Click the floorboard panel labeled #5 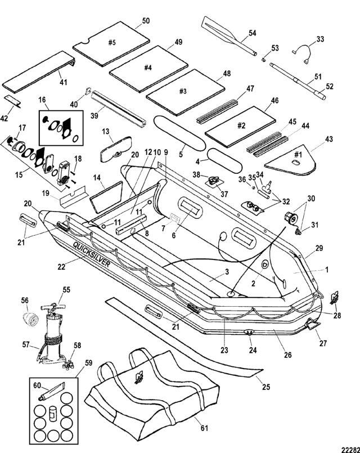pos(111,43)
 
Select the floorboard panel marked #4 pos(148,69)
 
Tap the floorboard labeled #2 pos(241,126)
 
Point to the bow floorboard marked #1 pos(291,160)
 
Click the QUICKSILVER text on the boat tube pos(91,254)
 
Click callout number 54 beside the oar pos(252,33)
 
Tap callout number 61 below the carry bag pos(204,428)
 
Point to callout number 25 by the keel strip pos(266,387)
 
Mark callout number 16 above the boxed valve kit pos(42,100)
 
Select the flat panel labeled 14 pos(106,196)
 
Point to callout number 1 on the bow pos(327,270)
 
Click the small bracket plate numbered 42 pos(13,101)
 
